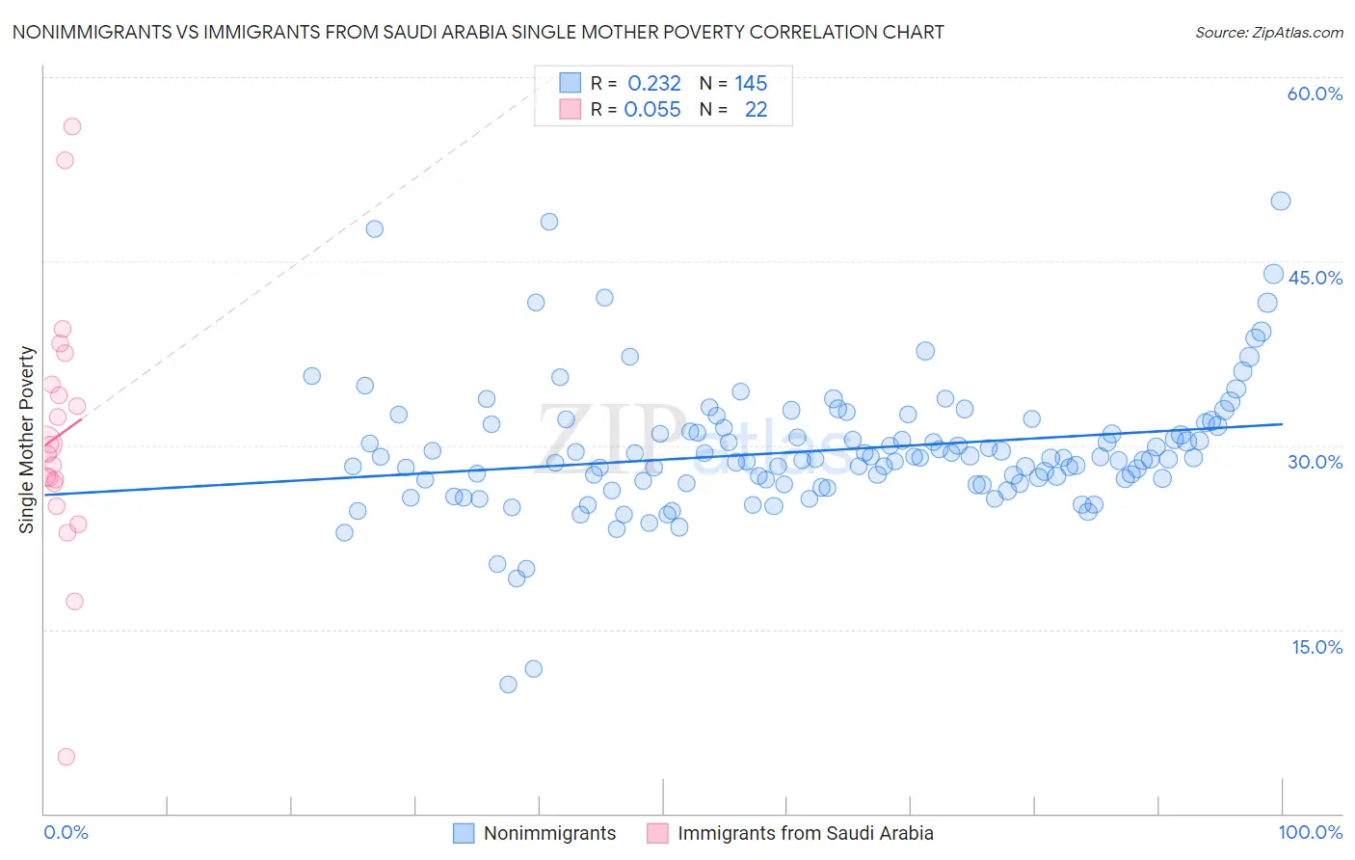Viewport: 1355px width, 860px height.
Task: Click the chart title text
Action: point(478,32)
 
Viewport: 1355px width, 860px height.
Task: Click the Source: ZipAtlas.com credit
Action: point(1268,32)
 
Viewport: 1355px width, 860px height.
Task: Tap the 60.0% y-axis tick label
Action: point(1315,94)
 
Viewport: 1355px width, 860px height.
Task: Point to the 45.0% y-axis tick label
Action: point(1315,278)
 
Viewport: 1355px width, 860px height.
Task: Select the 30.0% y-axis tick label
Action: point(1315,462)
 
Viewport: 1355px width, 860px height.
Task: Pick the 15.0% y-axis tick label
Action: point(1316,646)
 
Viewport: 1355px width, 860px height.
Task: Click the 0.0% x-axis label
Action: point(66,832)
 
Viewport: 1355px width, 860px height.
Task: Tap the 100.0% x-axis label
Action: point(1310,832)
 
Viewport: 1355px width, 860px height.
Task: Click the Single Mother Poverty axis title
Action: point(26,440)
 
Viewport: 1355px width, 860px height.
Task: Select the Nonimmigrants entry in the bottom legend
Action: point(549,833)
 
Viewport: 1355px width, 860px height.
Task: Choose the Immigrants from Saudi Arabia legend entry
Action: point(805,833)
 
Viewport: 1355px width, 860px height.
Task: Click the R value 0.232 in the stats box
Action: point(654,84)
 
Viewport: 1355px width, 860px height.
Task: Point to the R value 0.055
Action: point(652,110)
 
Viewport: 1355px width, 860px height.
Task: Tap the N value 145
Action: point(751,84)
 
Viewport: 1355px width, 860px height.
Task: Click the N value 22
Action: point(756,110)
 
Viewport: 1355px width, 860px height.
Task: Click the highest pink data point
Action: point(71,126)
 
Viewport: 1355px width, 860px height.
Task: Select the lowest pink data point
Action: point(66,757)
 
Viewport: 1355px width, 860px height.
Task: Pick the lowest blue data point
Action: point(508,685)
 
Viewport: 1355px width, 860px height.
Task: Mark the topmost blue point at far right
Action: point(1280,201)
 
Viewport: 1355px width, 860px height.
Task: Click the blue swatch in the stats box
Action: point(571,83)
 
